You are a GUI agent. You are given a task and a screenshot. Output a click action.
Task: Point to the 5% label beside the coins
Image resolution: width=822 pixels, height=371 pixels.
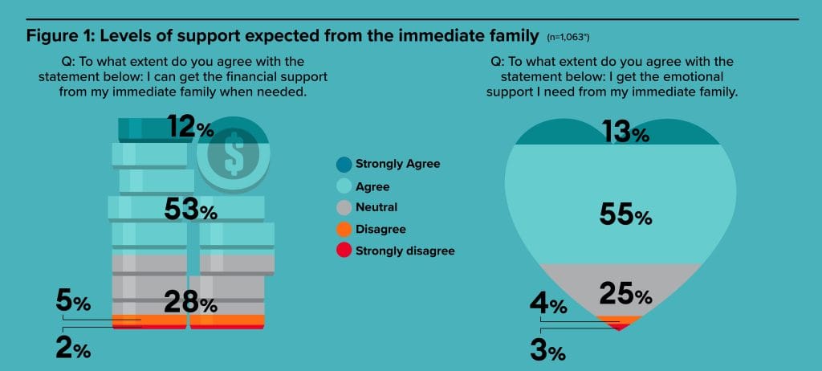73,303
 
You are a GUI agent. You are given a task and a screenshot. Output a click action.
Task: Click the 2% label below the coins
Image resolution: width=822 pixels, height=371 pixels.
73,349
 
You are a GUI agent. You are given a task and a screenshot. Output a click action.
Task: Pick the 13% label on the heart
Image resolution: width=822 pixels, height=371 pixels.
626,132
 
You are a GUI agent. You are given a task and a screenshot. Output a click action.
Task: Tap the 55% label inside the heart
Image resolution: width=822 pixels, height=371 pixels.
626,216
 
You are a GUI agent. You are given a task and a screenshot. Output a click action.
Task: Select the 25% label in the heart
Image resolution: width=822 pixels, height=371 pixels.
626,295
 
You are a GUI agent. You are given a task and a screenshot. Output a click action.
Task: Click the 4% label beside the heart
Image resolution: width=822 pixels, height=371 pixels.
548,304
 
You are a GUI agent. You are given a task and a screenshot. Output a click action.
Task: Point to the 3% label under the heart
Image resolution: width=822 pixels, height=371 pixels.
548,351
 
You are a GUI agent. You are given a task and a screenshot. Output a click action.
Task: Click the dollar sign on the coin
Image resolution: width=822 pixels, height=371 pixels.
234,153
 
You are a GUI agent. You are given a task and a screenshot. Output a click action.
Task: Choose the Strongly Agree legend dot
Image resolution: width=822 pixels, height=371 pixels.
344,165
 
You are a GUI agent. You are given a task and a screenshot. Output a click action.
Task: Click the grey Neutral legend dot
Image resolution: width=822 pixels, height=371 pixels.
344,208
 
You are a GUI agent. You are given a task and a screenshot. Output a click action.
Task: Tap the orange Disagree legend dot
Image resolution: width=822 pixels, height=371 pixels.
344,230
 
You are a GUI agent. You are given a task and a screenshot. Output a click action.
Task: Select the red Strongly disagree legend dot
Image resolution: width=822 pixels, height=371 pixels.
344,251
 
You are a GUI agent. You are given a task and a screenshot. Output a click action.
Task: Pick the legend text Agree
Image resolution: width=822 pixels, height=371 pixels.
372,187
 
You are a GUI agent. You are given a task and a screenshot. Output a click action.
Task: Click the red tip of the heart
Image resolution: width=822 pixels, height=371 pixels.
620,328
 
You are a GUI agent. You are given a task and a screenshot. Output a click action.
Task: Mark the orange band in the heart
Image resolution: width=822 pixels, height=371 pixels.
620,320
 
